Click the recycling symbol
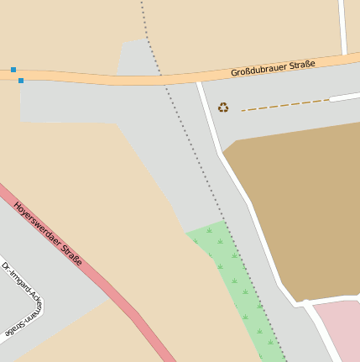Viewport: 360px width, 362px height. click(223, 108)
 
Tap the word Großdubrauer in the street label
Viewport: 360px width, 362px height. click(259, 69)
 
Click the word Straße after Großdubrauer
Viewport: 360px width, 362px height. click(302, 64)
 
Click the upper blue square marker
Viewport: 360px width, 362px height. click(13, 70)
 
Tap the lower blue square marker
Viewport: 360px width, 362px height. click(20, 81)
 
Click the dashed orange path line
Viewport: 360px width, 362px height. click(285, 105)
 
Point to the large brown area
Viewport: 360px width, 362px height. click(302, 210)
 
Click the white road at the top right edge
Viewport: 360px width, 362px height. click(343, 25)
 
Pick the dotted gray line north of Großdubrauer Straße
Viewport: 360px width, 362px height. click(144, 21)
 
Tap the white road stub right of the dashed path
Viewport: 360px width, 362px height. click(344, 97)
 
